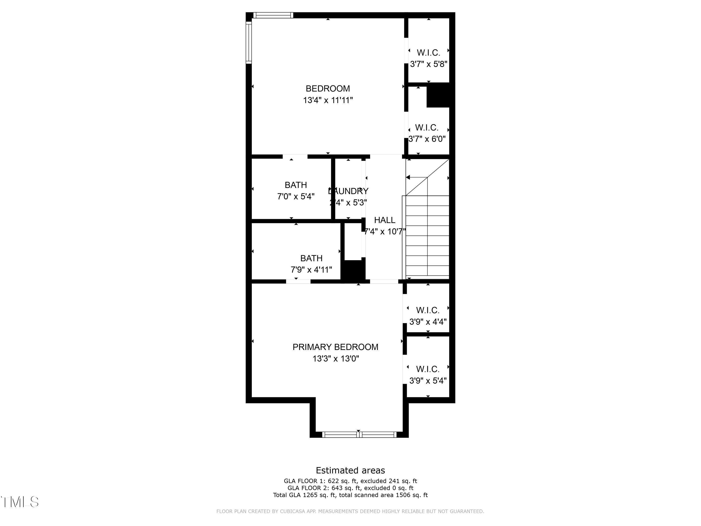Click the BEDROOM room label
point(328,88)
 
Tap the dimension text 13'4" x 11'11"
point(328,100)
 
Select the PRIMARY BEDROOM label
point(335,347)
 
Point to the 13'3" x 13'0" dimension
point(336,359)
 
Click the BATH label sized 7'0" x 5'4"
point(296,185)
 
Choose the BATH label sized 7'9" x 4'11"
point(311,258)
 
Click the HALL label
point(384,220)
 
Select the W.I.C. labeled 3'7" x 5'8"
point(429,53)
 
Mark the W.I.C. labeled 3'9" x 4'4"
point(428,310)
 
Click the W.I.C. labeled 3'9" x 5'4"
point(428,369)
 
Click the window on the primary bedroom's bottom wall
point(359,435)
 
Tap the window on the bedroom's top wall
point(273,15)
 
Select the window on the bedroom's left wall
point(249,43)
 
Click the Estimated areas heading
point(350,470)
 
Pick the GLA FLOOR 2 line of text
point(350,488)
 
